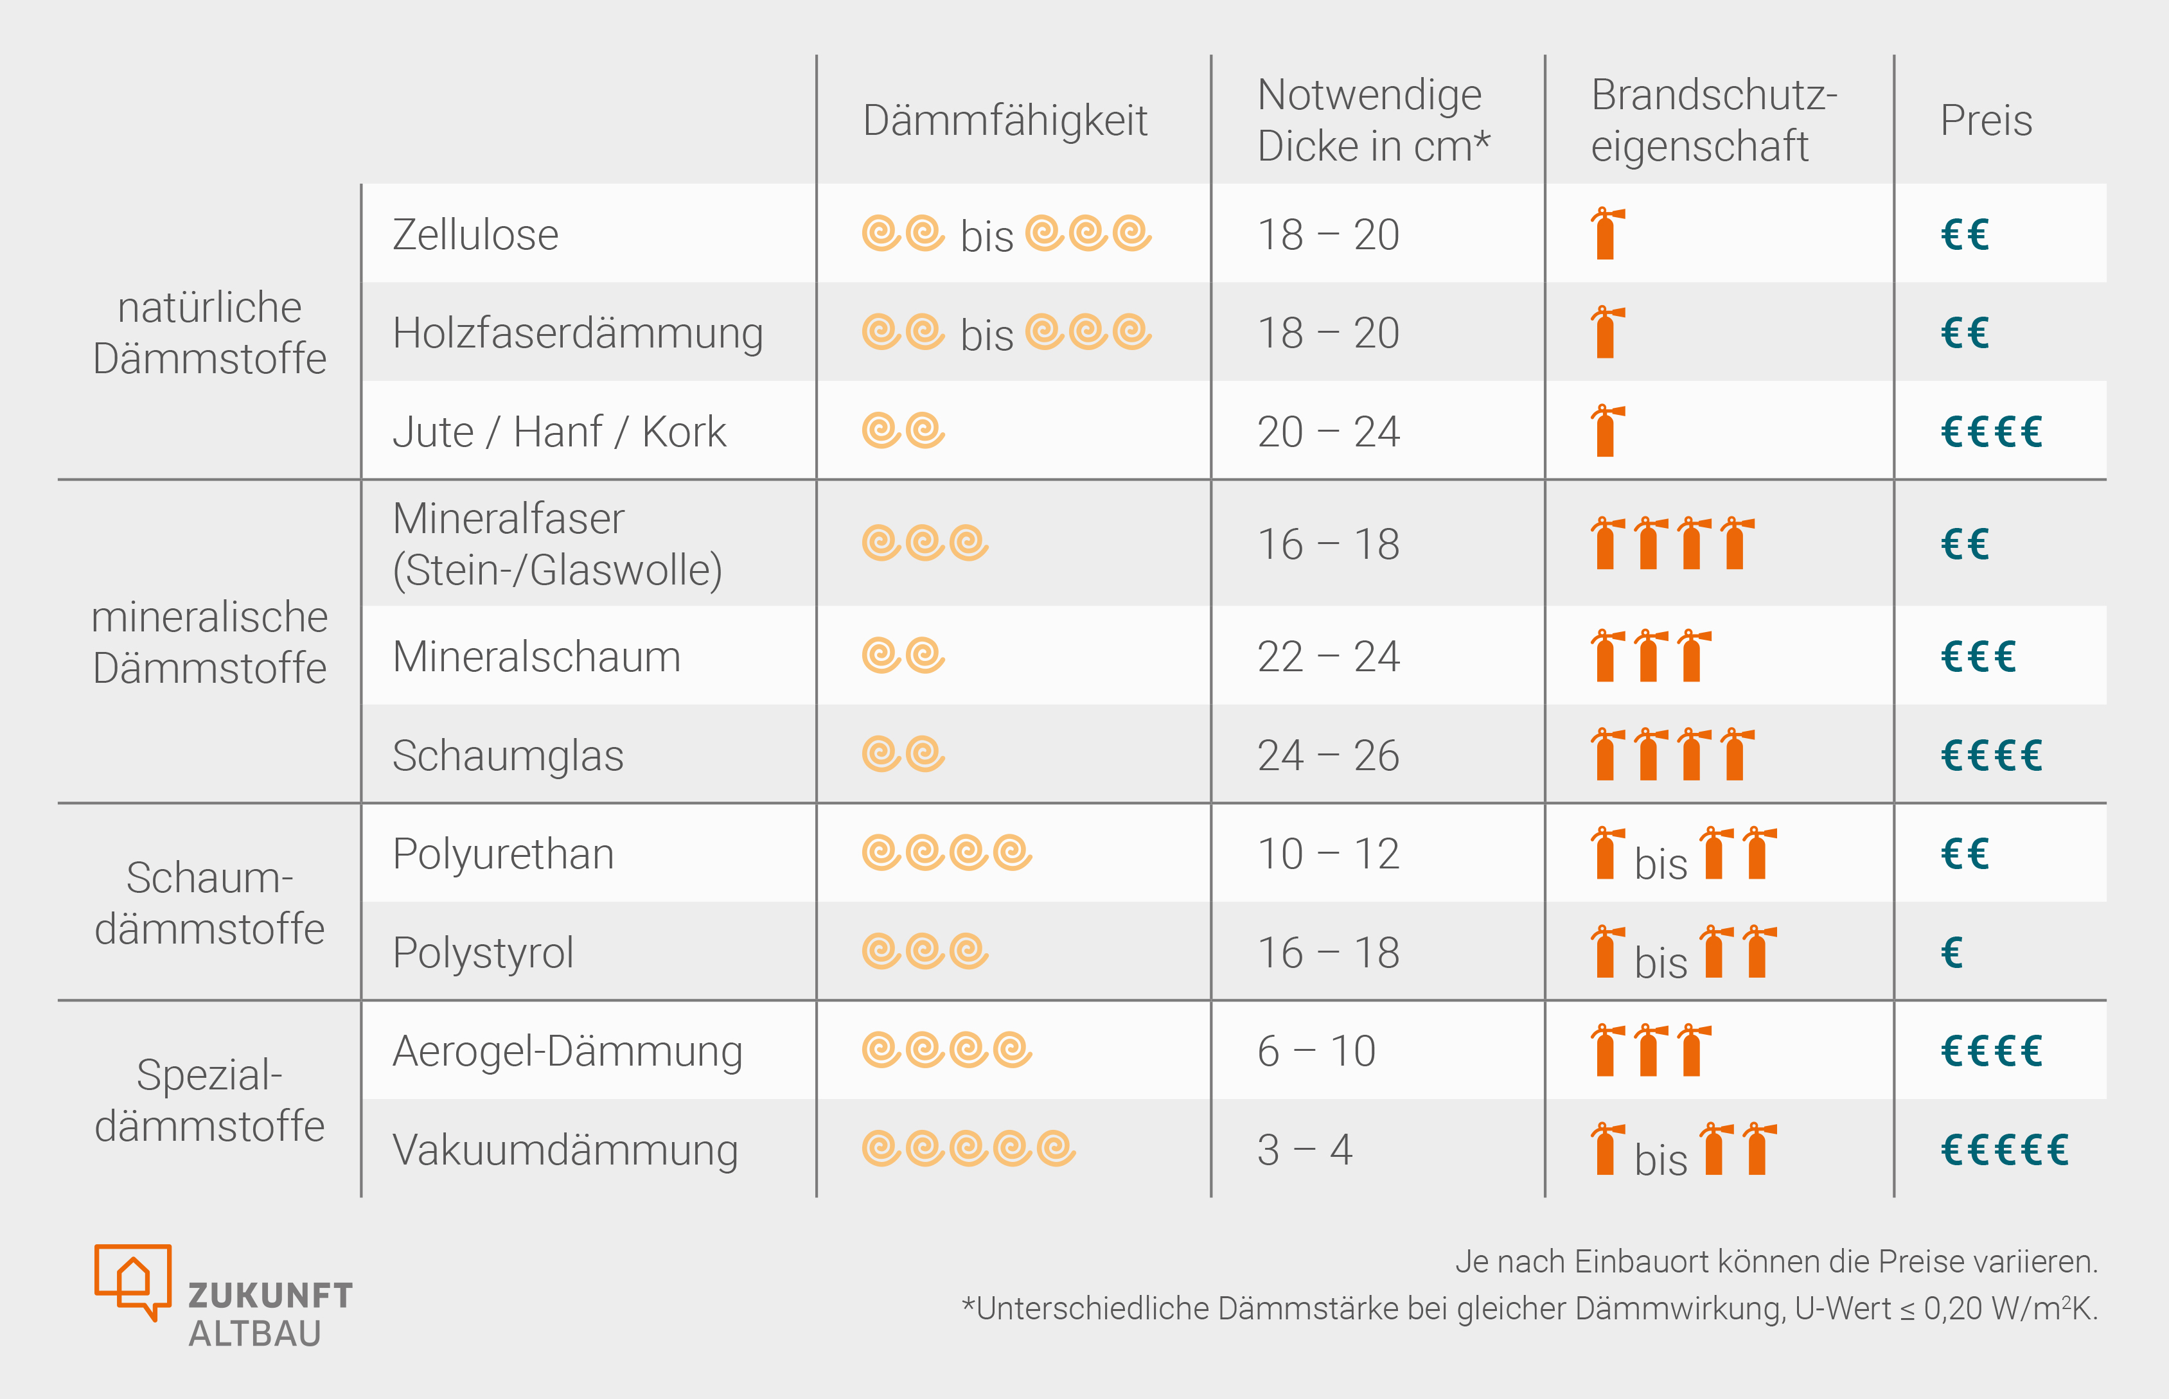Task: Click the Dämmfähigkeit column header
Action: pyautogui.click(x=1005, y=121)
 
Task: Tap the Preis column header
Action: pyautogui.click(x=1987, y=121)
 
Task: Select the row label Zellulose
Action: pyautogui.click(x=475, y=235)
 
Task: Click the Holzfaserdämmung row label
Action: pyautogui.click(x=578, y=333)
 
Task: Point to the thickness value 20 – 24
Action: pyautogui.click(x=1329, y=432)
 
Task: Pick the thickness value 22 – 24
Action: pyautogui.click(x=1329, y=657)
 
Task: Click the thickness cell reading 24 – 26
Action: pyautogui.click(x=1329, y=756)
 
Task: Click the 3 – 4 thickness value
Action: pyautogui.click(x=1305, y=1150)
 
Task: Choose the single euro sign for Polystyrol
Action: pyautogui.click(x=1952, y=953)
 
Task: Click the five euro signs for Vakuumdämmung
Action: pyautogui.click(x=2005, y=1150)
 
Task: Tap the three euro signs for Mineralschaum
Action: pyautogui.click(x=1978, y=657)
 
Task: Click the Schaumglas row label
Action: pyautogui.click(x=508, y=756)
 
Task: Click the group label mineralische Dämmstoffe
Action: pyautogui.click(x=210, y=642)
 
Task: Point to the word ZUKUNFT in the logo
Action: pyautogui.click(x=270, y=1296)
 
